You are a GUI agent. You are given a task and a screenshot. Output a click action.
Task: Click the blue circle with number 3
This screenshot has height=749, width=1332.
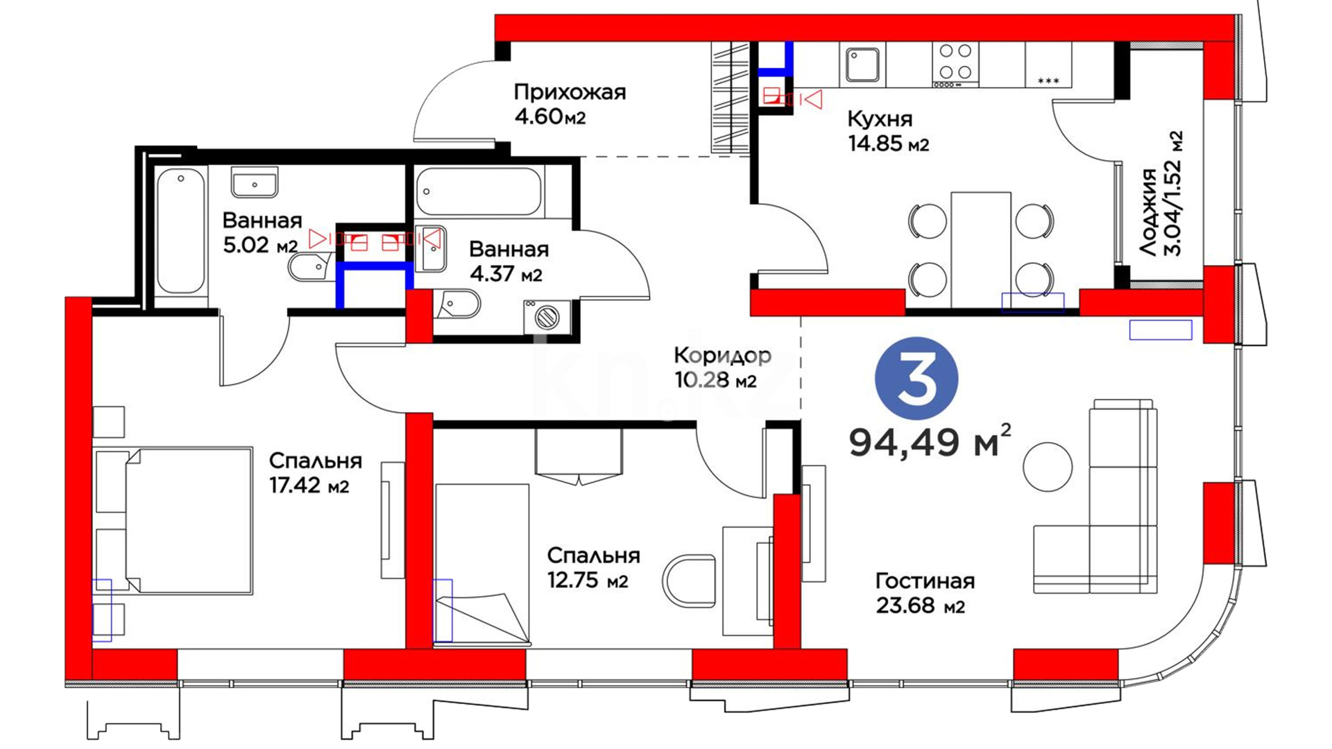[x=916, y=379]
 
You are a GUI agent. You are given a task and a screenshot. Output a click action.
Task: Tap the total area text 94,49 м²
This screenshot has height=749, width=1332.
[x=930, y=441]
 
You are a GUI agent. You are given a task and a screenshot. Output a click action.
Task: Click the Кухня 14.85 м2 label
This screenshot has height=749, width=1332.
[x=888, y=131]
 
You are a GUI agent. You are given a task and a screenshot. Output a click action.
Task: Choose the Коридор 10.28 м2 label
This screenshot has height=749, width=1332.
[x=722, y=368]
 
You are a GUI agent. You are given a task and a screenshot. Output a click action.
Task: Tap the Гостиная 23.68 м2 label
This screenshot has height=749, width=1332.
[x=925, y=593]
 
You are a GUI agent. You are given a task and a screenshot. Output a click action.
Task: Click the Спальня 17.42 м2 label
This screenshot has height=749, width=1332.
[x=316, y=473]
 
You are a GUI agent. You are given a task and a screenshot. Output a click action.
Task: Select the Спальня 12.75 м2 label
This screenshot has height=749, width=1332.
[x=593, y=567]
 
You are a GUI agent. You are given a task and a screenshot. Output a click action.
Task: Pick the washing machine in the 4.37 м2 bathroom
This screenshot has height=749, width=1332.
[x=547, y=317]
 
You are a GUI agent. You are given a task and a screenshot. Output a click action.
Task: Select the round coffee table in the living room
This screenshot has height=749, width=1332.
[x=1048, y=467]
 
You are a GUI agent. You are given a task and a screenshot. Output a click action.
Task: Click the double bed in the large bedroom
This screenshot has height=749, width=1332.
[x=173, y=520]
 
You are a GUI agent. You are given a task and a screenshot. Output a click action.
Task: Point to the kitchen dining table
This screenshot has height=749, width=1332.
[x=981, y=250]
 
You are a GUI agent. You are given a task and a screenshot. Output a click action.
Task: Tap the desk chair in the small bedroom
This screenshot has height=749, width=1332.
[x=689, y=580]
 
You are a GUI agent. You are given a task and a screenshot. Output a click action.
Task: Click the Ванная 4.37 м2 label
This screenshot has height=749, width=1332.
[x=509, y=261]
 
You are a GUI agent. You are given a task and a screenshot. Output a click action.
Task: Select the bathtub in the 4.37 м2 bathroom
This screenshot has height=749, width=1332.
[x=479, y=191]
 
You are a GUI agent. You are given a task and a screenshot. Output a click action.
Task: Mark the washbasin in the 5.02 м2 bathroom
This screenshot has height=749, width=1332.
[x=255, y=182]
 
